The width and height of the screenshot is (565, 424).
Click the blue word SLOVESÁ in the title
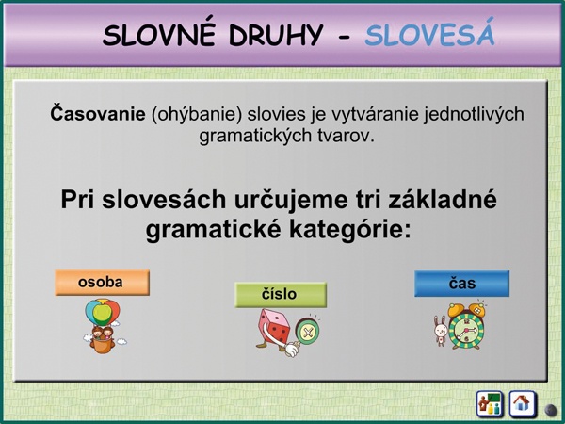429,34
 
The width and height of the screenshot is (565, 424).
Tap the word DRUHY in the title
276,36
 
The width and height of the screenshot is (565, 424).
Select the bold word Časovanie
98,114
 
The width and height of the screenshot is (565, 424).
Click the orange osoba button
102,283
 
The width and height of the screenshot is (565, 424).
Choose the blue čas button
461,284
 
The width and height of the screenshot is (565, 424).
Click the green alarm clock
467,327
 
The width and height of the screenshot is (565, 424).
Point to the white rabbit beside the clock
441,331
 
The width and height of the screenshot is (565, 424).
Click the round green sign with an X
307,332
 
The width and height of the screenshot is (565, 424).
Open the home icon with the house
522,404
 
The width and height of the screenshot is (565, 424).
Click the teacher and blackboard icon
490,404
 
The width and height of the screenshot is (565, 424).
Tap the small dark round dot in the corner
550,410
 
